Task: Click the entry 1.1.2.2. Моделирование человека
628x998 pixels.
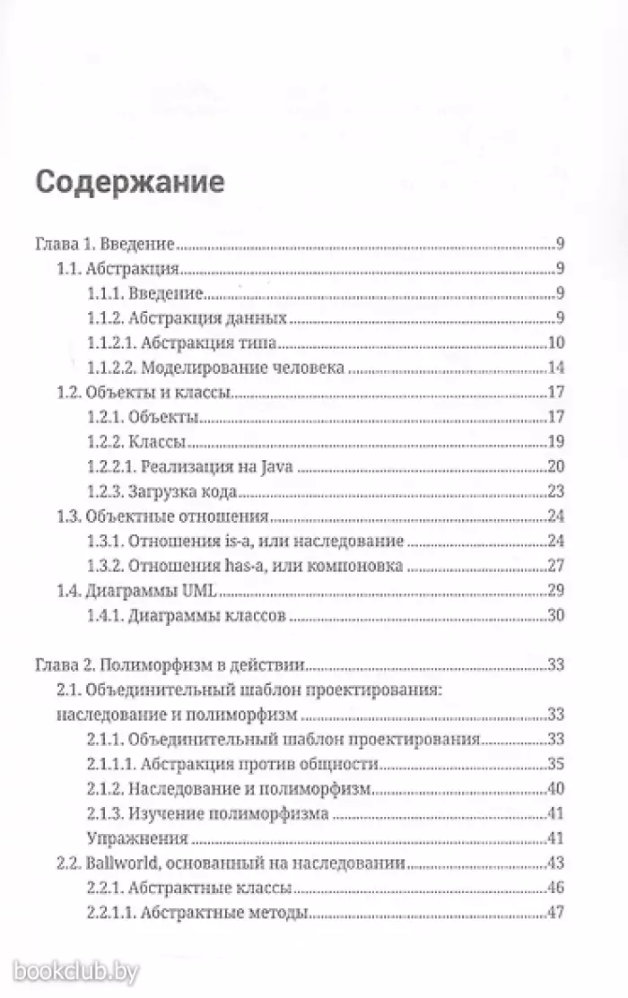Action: pyautogui.click(x=216, y=369)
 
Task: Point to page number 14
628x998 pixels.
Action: pyautogui.click(x=555, y=369)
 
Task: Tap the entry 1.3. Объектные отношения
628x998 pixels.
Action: pyautogui.click(x=152, y=517)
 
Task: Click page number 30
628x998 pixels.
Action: pyautogui.click(x=554, y=616)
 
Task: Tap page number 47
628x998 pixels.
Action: pyautogui.click(x=554, y=914)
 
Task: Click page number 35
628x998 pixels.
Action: pyautogui.click(x=554, y=765)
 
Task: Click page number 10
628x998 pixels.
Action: pyautogui.click(x=554, y=343)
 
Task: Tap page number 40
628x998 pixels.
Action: pyautogui.click(x=554, y=790)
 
